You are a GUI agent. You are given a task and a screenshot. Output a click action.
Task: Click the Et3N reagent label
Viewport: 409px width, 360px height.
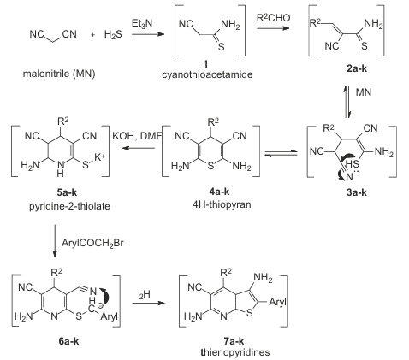[142, 24]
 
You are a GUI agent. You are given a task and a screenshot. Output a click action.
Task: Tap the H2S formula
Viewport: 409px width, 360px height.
[113, 34]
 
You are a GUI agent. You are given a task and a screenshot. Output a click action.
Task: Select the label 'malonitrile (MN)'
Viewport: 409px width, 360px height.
[59, 74]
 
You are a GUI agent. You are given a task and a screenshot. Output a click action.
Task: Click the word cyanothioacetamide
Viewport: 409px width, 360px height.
[207, 74]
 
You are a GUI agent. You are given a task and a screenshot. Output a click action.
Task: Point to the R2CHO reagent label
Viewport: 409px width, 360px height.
[273, 18]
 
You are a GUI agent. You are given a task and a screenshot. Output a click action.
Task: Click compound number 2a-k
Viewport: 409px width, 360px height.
[357, 68]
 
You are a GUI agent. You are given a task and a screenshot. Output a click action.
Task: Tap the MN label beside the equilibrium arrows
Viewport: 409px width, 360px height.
[364, 92]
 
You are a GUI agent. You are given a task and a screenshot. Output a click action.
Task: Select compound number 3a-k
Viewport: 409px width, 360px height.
[357, 192]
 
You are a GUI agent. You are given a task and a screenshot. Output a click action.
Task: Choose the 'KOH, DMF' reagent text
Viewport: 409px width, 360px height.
[137, 136]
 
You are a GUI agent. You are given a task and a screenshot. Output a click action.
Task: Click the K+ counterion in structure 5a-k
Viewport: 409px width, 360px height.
[100, 157]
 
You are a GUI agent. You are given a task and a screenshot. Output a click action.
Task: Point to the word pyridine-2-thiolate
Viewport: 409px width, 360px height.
[69, 206]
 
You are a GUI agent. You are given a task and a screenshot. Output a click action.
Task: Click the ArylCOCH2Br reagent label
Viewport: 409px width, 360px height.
[92, 243]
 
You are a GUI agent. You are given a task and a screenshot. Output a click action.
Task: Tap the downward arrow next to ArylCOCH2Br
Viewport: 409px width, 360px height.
[55, 241]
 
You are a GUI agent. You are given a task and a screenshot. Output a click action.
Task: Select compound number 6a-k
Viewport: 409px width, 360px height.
[68, 341]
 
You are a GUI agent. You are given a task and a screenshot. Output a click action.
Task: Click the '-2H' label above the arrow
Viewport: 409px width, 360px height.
[144, 294]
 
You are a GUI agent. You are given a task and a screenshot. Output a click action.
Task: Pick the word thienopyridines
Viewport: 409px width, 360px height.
[235, 352]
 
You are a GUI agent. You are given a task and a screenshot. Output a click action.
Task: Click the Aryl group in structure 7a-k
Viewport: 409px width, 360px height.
[277, 302]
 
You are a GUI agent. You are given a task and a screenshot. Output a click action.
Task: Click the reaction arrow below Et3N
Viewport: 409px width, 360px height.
[148, 34]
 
